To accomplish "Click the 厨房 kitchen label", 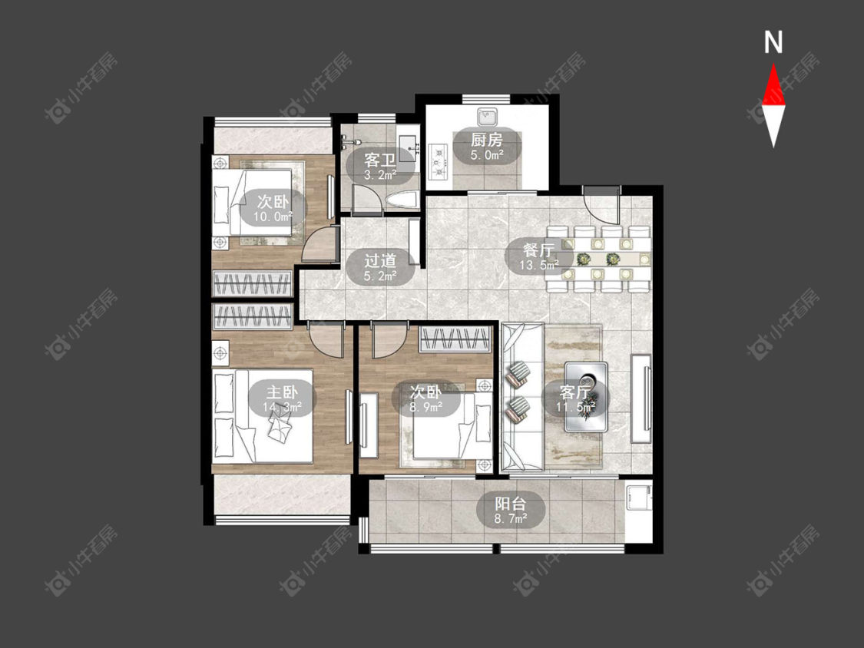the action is tap(487, 140).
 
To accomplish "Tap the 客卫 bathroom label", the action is tap(379, 160).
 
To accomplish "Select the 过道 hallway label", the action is tap(379, 260).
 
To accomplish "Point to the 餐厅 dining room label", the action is tap(538, 250).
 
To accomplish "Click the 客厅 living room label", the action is tap(574, 392).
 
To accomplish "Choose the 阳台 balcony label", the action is tap(510, 504).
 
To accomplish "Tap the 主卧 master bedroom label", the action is tap(282, 392).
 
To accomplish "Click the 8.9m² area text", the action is tap(425, 407).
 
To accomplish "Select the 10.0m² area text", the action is tap(272, 217).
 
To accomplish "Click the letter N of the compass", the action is tap(773, 42).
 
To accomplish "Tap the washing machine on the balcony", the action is tap(639, 498).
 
